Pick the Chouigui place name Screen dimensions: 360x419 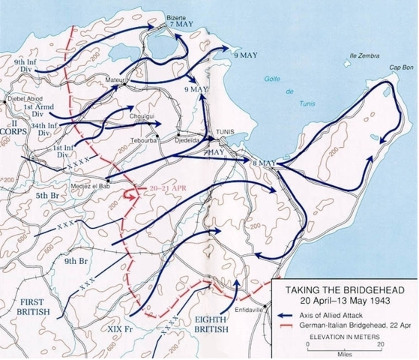click(x=142, y=116)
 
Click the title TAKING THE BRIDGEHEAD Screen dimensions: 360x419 click(x=341, y=287)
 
